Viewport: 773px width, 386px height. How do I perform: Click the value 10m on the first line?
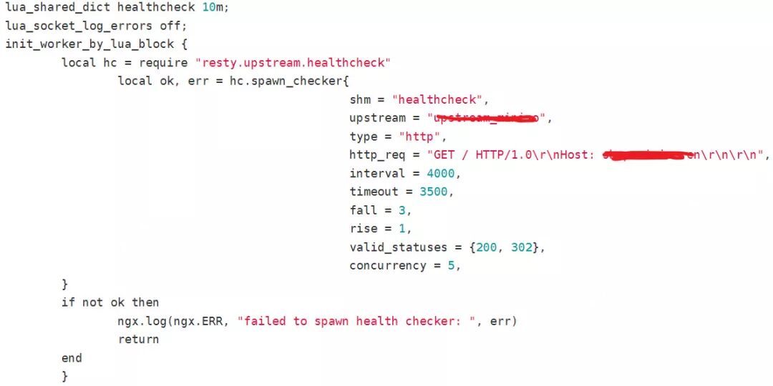coord(214,7)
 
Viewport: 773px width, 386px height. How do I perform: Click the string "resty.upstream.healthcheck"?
coord(293,63)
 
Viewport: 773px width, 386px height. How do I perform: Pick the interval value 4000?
coord(440,173)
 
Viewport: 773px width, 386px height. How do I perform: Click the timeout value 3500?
coord(437,192)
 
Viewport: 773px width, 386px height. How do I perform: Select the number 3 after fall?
coord(408,210)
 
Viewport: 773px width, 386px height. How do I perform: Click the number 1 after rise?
coord(408,229)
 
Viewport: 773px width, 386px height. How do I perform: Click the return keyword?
coord(138,340)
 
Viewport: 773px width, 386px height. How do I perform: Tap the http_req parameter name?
coord(377,154)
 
